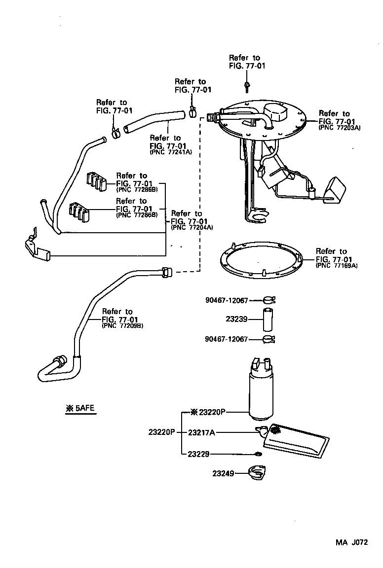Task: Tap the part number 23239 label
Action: [x=236, y=319]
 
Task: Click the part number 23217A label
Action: [x=201, y=432]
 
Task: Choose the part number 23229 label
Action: [x=198, y=454]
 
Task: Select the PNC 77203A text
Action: [x=340, y=128]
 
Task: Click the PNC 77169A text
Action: [x=337, y=265]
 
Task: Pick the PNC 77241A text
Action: [x=170, y=152]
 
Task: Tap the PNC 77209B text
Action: [x=123, y=326]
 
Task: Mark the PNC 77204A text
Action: [x=192, y=227]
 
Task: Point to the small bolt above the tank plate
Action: [x=246, y=87]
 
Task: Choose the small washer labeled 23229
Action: [x=258, y=454]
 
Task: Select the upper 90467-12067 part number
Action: [x=226, y=300]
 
